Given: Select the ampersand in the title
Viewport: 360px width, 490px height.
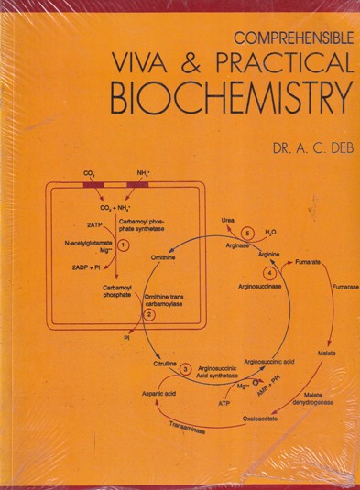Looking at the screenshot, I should pos(195,63).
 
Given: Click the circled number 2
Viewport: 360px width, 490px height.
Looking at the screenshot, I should pos(150,314).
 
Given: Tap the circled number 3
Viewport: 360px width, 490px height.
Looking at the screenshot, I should pos(186,369).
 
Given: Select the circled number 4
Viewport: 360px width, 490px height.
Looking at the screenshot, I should pos(269,273).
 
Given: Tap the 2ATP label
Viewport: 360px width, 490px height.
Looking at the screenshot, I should pos(94,224).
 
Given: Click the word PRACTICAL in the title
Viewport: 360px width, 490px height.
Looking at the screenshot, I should pos(280,63).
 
